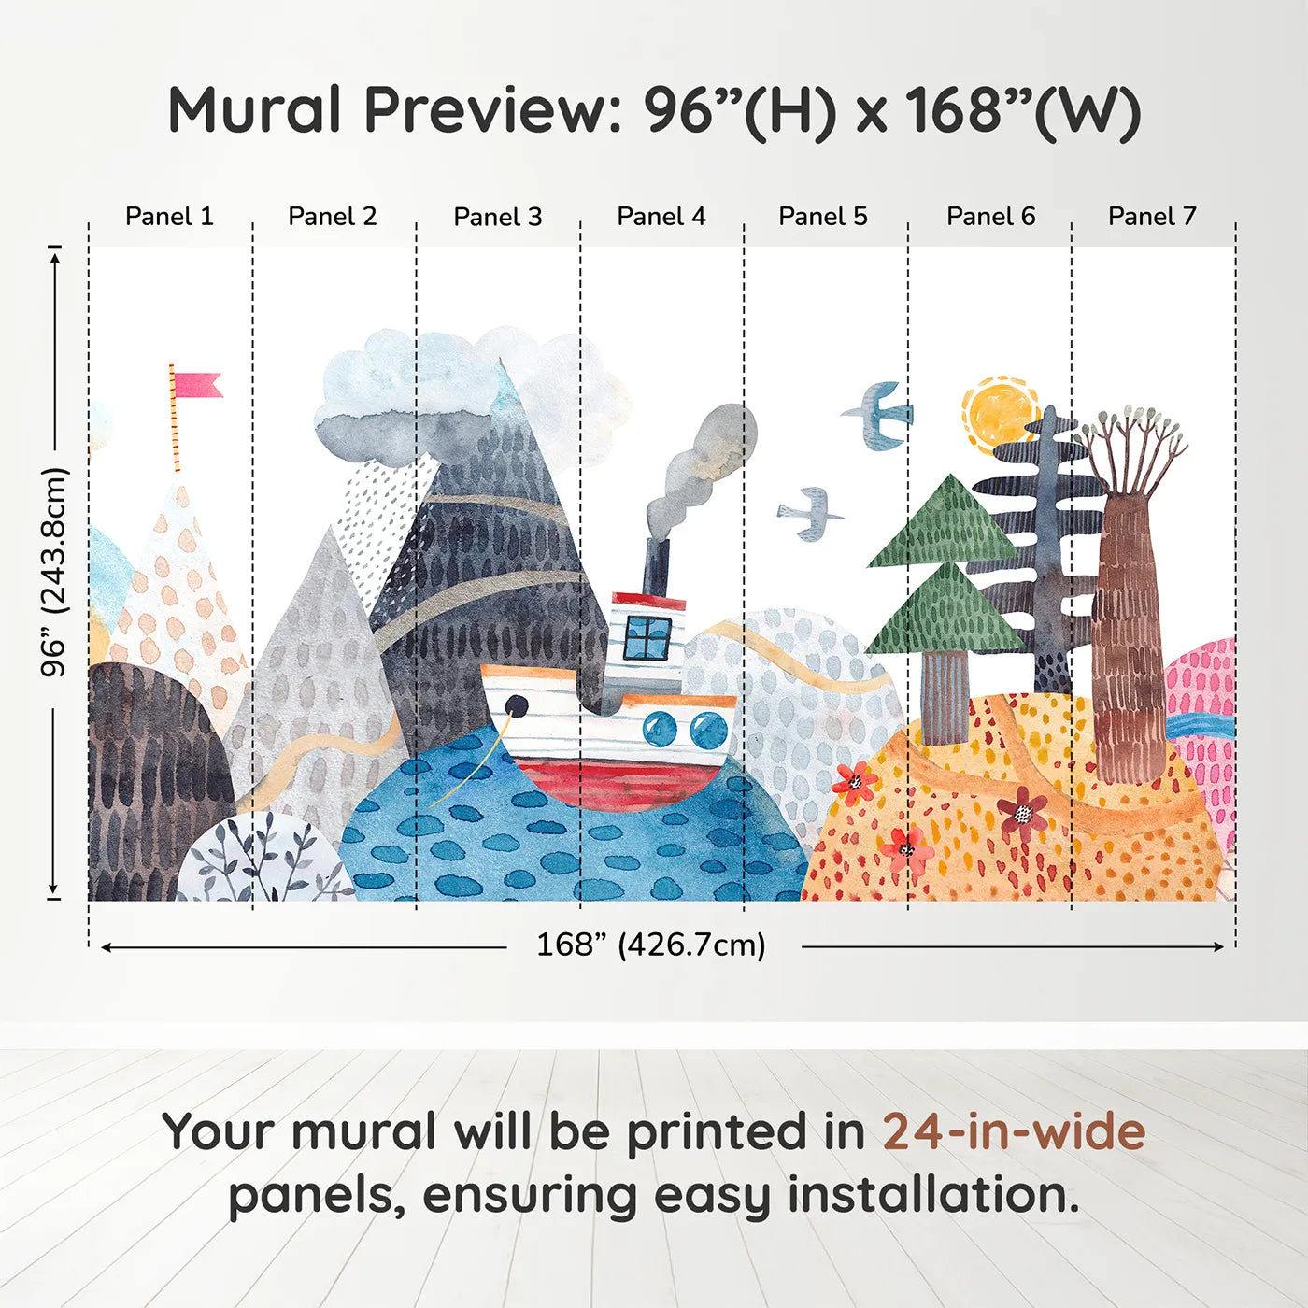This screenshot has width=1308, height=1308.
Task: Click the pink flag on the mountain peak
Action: [197, 385]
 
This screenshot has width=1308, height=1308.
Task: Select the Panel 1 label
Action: [169, 217]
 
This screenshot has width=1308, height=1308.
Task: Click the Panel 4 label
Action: [661, 217]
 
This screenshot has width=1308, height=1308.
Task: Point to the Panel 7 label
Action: [1151, 217]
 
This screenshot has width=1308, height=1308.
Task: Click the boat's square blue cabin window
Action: [647, 638]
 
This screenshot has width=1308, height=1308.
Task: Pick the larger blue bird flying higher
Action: [879, 414]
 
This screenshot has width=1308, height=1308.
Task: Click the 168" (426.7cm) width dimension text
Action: [651, 945]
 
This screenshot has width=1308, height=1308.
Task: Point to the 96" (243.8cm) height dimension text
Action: [54, 572]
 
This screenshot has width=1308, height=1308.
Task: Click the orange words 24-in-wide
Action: [1014, 1132]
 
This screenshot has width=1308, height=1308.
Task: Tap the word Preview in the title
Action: [486, 110]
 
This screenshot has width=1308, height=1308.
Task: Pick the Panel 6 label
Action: [990, 217]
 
